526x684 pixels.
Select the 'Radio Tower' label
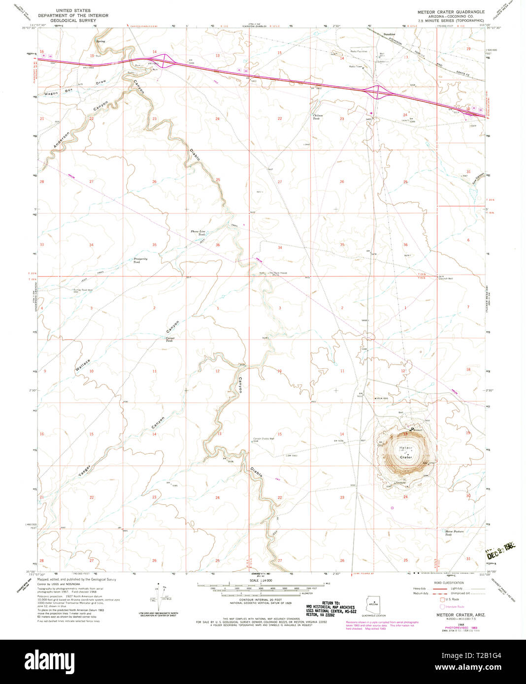(356, 66)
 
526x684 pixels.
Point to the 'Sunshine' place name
(389, 34)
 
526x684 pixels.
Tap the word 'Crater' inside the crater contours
(406, 457)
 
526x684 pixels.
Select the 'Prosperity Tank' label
(140, 260)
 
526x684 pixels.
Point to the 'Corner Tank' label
(170, 339)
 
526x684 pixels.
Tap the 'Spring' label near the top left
(101, 41)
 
